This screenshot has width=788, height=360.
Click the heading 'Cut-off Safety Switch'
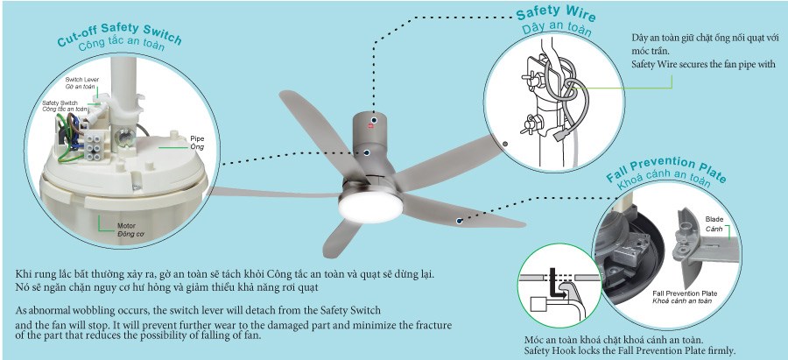[119, 33]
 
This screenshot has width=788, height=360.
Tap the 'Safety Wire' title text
[556, 13]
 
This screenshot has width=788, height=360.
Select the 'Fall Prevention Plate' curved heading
[666, 170]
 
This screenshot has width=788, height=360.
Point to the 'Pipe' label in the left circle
[195, 138]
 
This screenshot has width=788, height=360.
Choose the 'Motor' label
[126, 226]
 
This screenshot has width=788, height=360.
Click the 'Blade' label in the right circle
[714, 219]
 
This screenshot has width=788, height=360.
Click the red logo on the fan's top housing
[374, 124]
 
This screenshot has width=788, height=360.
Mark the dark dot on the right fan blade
[459, 220]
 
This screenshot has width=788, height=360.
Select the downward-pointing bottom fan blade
[342, 237]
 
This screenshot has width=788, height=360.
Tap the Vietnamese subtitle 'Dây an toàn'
[557, 30]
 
